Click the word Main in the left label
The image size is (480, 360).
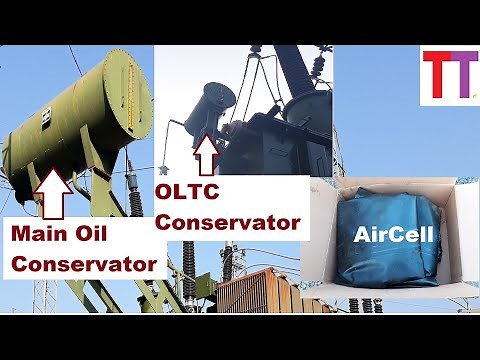pyautogui.click(x=39, y=235)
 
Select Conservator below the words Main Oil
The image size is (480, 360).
pyautogui.click(x=83, y=264)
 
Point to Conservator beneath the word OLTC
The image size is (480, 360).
pyautogui.click(x=229, y=221)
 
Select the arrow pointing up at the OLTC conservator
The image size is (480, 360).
pyautogui.click(x=207, y=153)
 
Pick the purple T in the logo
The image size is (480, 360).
pyautogui.click(x=456, y=78)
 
